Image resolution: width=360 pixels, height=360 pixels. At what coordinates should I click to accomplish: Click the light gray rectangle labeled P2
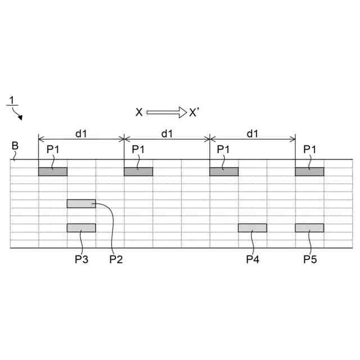[x=81, y=204]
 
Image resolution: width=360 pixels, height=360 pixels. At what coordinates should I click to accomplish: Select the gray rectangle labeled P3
[x=81, y=228]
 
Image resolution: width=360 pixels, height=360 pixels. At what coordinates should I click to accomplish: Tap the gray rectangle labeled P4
[x=252, y=228]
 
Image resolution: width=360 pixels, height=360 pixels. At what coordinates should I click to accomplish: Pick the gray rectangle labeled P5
[x=309, y=228]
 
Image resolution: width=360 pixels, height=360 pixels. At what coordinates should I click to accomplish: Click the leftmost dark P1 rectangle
[x=52, y=172]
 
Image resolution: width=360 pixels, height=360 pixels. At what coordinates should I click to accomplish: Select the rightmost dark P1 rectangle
[x=309, y=172]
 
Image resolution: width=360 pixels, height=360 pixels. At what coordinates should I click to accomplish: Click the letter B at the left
[x=15, y=146]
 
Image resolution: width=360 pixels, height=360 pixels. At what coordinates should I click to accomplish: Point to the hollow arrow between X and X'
[x=166, y=112]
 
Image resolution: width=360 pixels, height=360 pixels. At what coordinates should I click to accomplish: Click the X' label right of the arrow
[x=194, y=112]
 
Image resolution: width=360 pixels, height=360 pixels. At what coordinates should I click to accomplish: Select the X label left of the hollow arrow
[x=139, y=112]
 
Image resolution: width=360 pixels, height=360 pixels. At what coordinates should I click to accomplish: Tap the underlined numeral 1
[x=11, y=101]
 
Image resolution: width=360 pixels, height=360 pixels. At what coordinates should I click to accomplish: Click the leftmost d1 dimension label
[x=81, y=133]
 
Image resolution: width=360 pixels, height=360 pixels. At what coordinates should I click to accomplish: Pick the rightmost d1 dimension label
[x=253, y=133]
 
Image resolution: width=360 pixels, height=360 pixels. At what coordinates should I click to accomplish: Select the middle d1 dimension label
[x=167, y=133]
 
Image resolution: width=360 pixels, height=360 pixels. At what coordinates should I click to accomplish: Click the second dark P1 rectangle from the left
[x=138, y=172]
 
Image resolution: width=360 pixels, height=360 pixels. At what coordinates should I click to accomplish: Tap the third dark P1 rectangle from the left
[x=224, y=172]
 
